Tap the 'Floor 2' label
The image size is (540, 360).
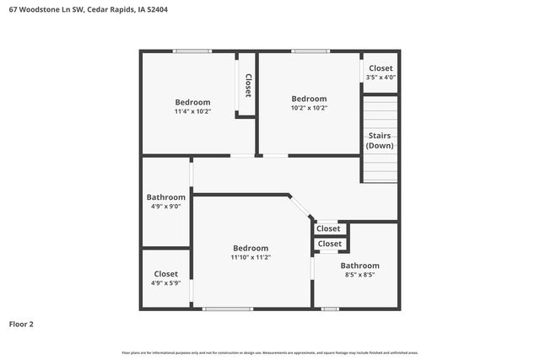(x=21, y=324)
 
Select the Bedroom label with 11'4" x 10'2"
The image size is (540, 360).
(x=192, y=102)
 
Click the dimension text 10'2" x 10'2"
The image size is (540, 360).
(x=309, y=108)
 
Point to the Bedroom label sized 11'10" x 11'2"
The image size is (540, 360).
(x=251, y=248)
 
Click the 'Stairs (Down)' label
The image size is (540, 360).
(x=380, y=140)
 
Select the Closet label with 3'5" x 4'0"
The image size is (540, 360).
(x=381, y=68)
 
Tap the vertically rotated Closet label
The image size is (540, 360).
(x=248, y=85)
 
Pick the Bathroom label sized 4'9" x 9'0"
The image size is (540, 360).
(x=165, y=197)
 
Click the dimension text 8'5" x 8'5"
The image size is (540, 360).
(x=359, y=275)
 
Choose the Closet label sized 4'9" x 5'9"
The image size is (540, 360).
(x=165, y=274)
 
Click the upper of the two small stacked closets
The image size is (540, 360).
(x=328, y=228)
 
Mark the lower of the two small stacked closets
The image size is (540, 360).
(x=330, y=244)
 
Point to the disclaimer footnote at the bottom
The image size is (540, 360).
(x=270, y=352)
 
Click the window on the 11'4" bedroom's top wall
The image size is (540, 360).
(x=192, y=51)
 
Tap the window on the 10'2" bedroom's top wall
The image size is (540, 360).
(x=310, y=51)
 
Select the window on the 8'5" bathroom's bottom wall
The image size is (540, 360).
(x=330, y=309)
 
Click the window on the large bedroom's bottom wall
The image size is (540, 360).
(x=228, y=309)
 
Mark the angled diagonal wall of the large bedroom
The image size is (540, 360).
(x=300, y=207)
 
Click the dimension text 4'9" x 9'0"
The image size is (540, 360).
(x=165, y=206)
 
